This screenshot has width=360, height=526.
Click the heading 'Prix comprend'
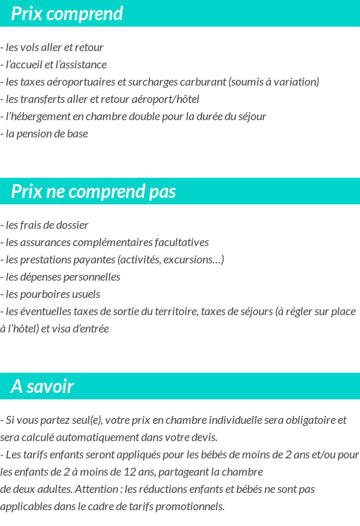pyautogui.click(x=67, y=14)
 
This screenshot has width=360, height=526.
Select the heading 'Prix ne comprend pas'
pyautogui.click(x=94, y=191)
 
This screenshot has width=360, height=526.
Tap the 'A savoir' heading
pyautogui.click(x=42, y=386)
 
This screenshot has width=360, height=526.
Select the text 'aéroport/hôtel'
pyautogui.click(x=166, y=99)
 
